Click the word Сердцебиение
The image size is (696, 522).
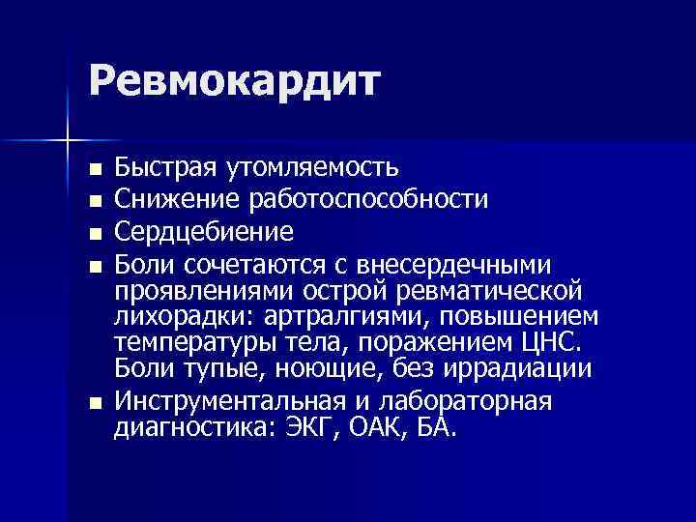203,232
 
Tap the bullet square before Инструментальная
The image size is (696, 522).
94,403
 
